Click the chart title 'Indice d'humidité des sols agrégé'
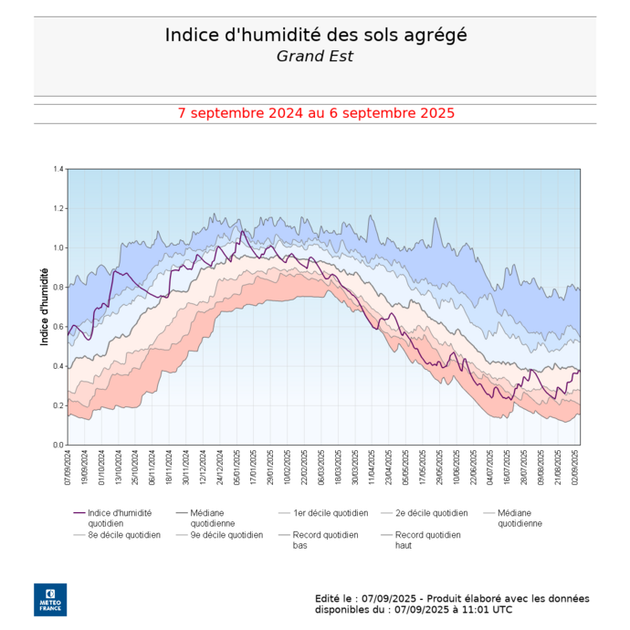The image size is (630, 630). click(315, 35)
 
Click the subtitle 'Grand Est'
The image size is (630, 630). click(315, 56)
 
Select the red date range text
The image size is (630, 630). click(316, 114)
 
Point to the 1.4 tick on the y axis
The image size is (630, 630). click(58, 170)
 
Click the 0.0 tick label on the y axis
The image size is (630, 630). click(58, 445)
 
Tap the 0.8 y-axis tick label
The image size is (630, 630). click(58, 288)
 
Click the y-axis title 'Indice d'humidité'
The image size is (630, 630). click(44, 307)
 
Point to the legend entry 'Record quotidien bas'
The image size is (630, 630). click(325, 540)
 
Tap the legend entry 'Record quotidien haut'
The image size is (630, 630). click(427, 540)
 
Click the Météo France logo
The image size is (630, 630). click(50, 599)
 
